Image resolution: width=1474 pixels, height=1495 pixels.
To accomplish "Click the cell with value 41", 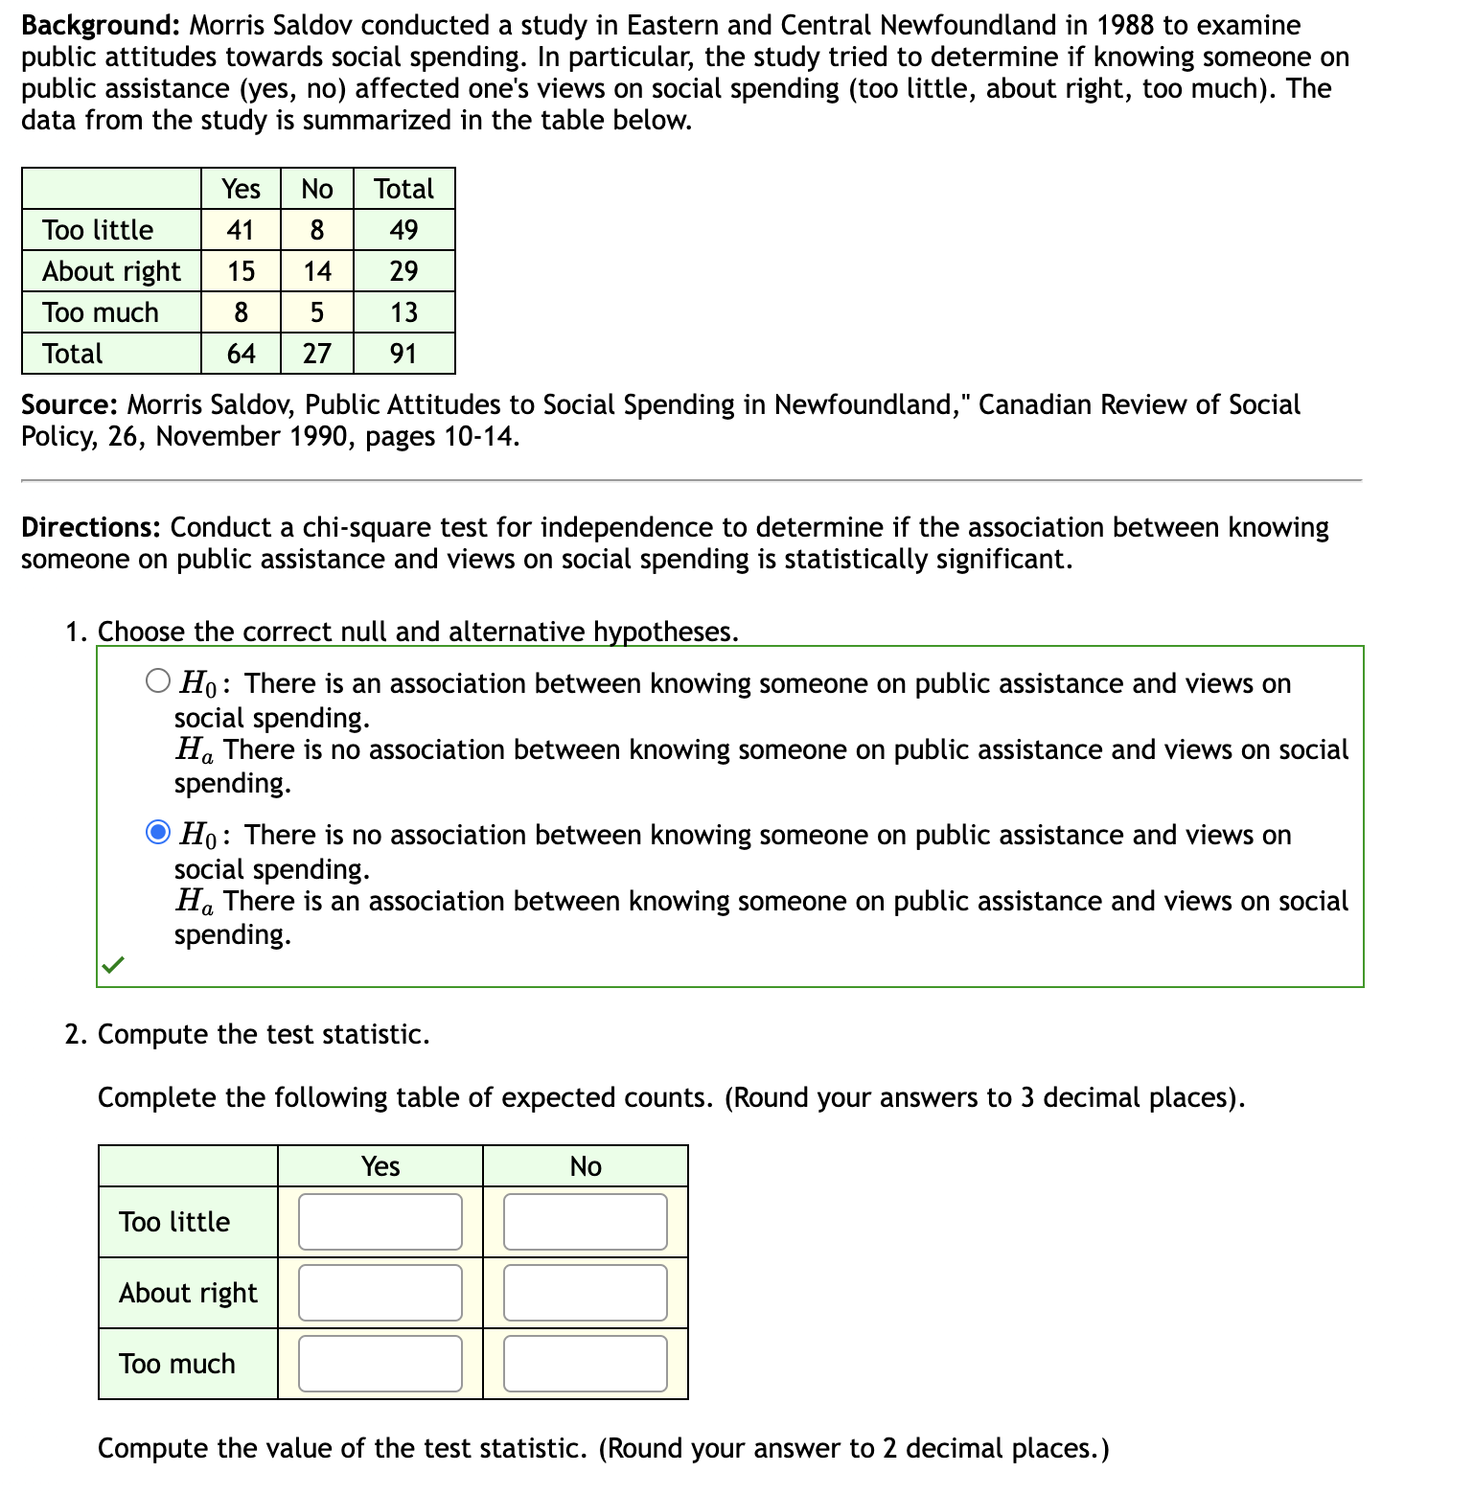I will pos(241,230).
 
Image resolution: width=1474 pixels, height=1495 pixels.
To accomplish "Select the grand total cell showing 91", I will pos(403,354).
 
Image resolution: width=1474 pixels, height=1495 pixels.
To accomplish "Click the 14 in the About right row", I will pos(317,271).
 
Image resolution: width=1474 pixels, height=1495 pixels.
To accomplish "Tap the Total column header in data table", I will pos(403,189).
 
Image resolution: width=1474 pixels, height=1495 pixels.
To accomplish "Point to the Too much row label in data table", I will pos(101,312).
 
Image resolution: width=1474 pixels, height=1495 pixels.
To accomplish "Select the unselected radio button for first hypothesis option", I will pos(158,681).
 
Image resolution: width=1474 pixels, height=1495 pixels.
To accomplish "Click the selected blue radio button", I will pos(158,833).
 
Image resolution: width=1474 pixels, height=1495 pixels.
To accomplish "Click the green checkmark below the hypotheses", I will pos(113,964).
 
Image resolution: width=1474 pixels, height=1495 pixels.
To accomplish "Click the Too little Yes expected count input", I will pos(380,1222).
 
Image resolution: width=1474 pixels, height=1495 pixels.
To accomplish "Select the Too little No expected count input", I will pos(585,1222).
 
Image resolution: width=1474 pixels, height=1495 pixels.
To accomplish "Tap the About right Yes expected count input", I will pos(380,1293).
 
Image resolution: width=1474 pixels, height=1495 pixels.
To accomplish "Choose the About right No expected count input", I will pos(585,1293).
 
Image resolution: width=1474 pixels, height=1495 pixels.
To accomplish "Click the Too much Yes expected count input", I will pos(380,1364).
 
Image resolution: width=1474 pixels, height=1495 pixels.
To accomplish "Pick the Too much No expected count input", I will pos(585,1364).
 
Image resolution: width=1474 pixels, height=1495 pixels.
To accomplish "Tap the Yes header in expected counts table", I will pos(380,1166).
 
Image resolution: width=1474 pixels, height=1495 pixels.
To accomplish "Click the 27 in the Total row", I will pos(317,354).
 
